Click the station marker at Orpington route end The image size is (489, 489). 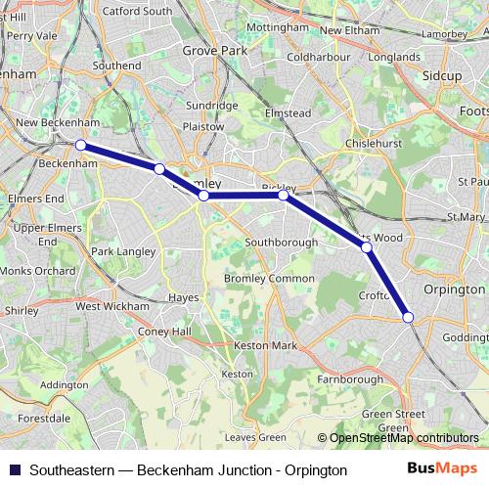[408, 316]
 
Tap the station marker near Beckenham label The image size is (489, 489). [81, 146]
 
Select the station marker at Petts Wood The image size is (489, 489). [367, 247]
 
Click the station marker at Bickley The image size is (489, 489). [284, 196]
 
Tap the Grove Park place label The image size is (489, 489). [214, 47]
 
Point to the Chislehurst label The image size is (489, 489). [375, 144]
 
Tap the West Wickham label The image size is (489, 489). [112, 306]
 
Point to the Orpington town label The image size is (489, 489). [455, 289]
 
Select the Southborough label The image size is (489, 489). [282, 242]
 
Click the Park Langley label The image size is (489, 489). [123, 251]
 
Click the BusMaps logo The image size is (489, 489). [449, 469]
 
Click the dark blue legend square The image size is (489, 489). [14, 469]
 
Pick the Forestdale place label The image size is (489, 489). [44, 418]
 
